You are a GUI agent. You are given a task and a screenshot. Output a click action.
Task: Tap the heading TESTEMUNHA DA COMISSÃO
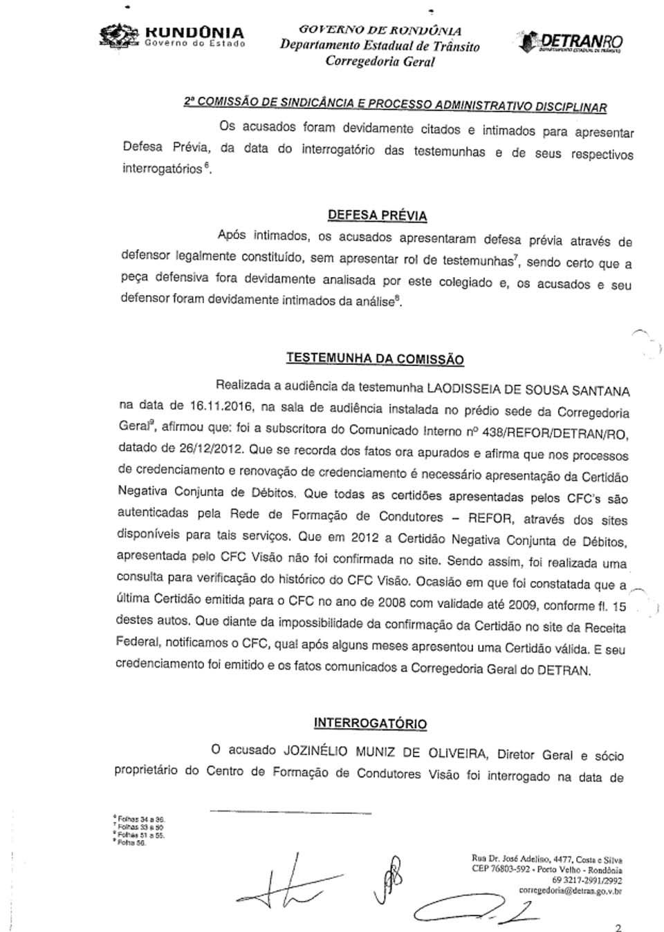pos(374,359)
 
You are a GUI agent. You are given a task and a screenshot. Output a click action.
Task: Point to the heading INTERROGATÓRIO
pos(370,723)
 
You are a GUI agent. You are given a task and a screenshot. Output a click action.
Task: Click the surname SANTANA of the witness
pos(604,390)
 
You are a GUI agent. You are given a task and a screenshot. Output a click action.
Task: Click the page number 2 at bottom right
pos(618,927)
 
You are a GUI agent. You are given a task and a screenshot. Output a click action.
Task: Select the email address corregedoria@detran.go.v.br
pos(570,891)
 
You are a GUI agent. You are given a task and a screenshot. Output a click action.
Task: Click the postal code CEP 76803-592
pos(501,870)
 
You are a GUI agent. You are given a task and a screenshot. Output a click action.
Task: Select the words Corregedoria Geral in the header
pos(380,61)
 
